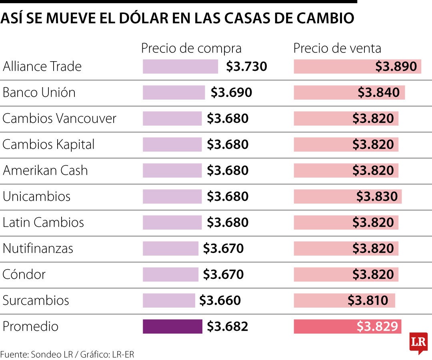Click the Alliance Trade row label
pyautogui.click(x=42, y=66)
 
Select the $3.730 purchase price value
pyautogui.click(x=246, y=66)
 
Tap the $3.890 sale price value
pyautogui.click(x=396, y=66)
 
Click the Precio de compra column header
pyautogui.click(x=191, y=48)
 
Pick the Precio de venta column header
pyautogui.click(x=337, y=48)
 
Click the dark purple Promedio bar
pyautogui.click(x=172, y=326)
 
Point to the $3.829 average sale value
pyautogui.click(x=378, y=326)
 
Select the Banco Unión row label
pyautogui.click(x=39, y=92)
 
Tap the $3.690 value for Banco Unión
pyautogui.click(x=231, y=92)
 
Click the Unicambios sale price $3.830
pyautogui.click(x=377, y=196)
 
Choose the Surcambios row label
pyautogui.click(x=36, y=300)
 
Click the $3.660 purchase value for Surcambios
pyautogui.click(x=220, y=300)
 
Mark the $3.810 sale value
pyautogui.click(x=367, y=300)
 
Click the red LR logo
pyautogui.click(x=418, y=343)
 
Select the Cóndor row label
pyautogui.click(x=24, y=274)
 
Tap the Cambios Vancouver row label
pyautogui.click(x=59, y=118)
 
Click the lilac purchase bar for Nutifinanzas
pyautogui.click(x=170, y=248)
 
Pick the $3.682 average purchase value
pyautogui.click(x=227, y=326)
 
